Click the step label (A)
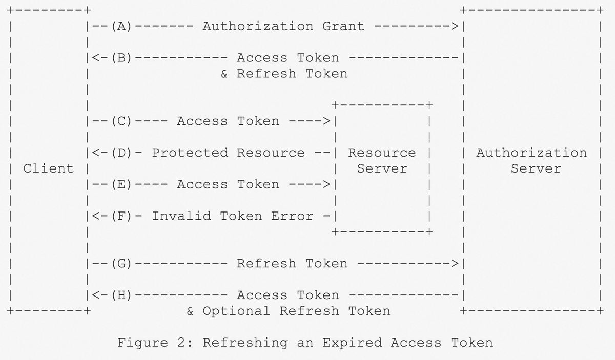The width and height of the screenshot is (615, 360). point(121,26)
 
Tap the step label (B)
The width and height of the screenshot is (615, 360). point(121,58)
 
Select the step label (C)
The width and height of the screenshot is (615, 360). point(121,121)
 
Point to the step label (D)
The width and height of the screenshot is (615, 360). point(121,153)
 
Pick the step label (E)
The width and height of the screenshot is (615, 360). point(121,184)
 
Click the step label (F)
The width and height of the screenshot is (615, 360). point(121,216)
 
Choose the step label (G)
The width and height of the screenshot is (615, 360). point(121,264)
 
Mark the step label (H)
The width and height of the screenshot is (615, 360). point(121,295)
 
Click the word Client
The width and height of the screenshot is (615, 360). point(49,168)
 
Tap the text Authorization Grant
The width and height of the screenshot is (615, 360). point(283,26)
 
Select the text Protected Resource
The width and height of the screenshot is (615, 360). point(228,153)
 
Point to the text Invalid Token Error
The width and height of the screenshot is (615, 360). point(232,216)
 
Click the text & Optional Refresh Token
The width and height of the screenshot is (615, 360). point(288,311)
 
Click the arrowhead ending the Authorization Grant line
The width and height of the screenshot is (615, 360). point(455,26)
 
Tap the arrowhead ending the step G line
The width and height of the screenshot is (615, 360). point(455,264)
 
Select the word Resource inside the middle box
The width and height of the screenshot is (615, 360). point(382,153)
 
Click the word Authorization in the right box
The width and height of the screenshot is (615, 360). point(531,153)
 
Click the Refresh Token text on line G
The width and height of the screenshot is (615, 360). point(292,264)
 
